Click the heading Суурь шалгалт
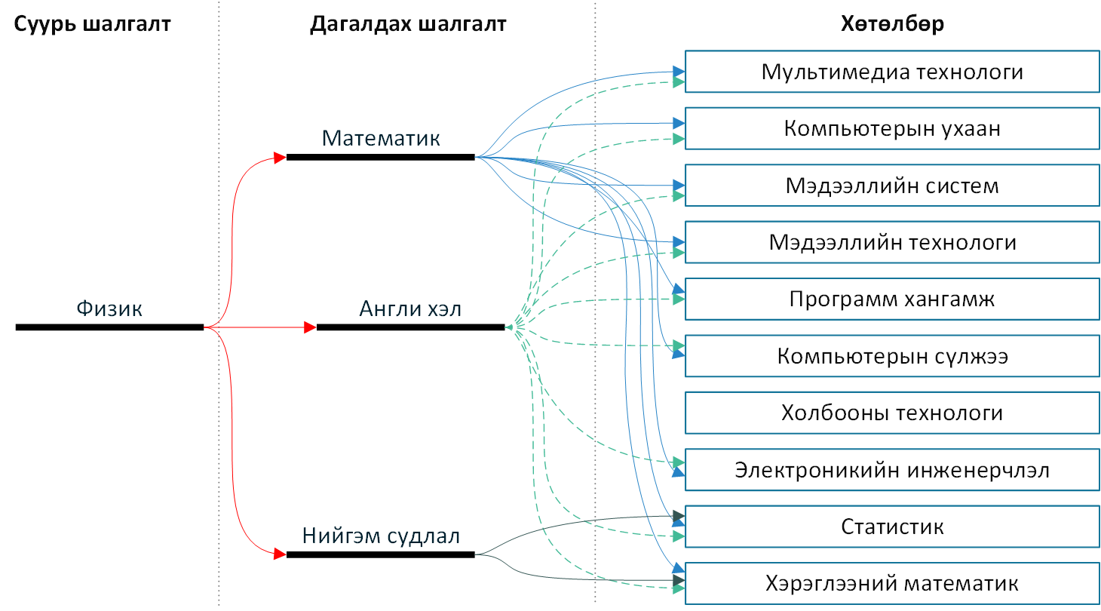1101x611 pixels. click(93, 24)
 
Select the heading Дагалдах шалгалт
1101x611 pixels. click(407, 24)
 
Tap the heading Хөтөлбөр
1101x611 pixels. click(892, 24)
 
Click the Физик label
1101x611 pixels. click(109, 309)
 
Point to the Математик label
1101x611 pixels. click(381, 139)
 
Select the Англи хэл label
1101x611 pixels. click(410, 309)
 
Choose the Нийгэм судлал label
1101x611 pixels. click(381, 536)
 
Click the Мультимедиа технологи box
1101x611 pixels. click(892, 72)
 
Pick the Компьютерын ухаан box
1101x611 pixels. click(892, 128)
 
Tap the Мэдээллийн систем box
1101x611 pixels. click(892, 186)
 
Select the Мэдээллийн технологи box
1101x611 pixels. click(892, 242)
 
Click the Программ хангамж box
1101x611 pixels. click(892, 299)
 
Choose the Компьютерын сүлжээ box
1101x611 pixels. click(892, 356)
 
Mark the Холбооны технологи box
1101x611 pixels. click(892, 413)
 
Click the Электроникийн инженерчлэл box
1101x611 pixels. click(892, 470)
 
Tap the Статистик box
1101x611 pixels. click(892, 527)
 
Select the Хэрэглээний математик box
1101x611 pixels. click(892, 584)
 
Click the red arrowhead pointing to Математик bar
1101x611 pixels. click(280, 158)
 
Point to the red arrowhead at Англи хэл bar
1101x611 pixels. click(310, 327)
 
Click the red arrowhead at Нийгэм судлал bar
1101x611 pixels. click(280, 554)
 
